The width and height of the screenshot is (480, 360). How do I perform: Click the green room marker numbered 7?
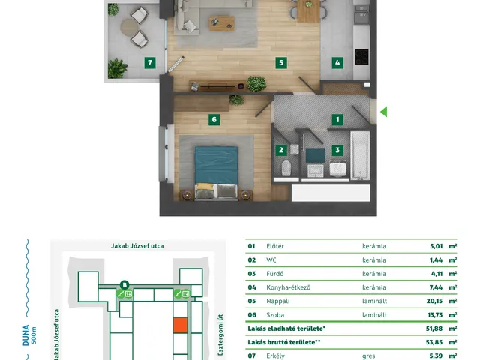pyautogui.click(x=150, y=63)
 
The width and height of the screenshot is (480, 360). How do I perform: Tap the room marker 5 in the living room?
pyautogui.click(x=281, y=63)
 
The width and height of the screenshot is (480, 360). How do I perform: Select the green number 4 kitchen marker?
pyautogui.click(x=337, y=63)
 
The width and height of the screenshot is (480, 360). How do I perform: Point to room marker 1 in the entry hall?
pyautogui.click(x=337, y=120)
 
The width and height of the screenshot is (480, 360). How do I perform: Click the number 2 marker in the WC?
pyautogui.click(x=281, y=150)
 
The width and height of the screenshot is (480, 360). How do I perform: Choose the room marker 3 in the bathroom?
pyautogui.click(x=337, y=150)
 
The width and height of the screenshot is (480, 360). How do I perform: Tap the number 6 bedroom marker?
pyautogui.click(x=214, y=120)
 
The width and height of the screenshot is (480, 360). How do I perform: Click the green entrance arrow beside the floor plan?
pyautogui.click(x=384, y=112)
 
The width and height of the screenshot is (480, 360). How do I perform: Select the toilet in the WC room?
pyautogui.click(x=286, y=168)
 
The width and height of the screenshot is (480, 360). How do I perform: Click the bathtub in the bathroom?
pyautogui.click(x=360, y=155)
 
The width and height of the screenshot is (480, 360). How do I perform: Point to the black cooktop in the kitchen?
pyautogui.click(x=361, y=57)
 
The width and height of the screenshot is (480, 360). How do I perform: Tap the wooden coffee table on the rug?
pyautogui.click(x=222, y=23)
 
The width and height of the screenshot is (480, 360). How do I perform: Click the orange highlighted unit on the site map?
pyautogui.click(x=180, y=325)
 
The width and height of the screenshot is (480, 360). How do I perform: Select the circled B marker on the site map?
pyautogui.click(x=124, y=285)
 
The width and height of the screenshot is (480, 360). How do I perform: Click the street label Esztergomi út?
pyautogui.click(x=220, y=334)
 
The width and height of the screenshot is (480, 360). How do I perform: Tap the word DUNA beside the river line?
pyautogui.click(x=26, y=335)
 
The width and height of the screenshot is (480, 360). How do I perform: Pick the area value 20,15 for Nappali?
pyautogui.click(x=434, y=301)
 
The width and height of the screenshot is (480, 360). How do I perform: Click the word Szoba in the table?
pyautogui.click(x=275, y=315)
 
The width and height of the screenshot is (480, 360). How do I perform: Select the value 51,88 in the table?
pyautogui.click(x=434, y=328)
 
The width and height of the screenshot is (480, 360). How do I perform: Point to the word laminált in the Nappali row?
pyautogui.click(x=375, y=301)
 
